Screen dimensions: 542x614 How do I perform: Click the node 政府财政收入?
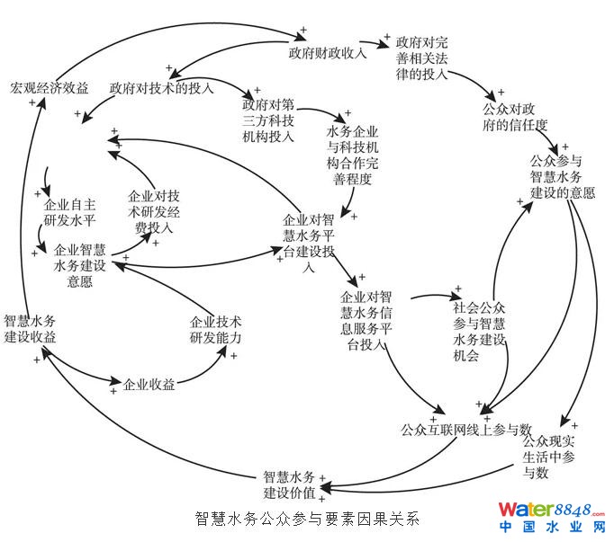[x=327, y=52]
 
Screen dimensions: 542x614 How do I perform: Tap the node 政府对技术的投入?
[x=161, y=88]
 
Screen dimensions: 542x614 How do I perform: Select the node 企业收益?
[x=149, y=385]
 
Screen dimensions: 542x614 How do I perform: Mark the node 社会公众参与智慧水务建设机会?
[x=482, y=331]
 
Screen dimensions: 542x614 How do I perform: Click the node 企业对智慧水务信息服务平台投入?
[x=366, y=320]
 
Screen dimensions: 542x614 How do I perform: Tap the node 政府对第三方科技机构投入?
[x=268, y=127]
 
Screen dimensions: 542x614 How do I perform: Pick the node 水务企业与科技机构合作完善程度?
[x=357, y=155]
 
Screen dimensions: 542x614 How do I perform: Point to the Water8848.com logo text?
[x=552, y=510]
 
